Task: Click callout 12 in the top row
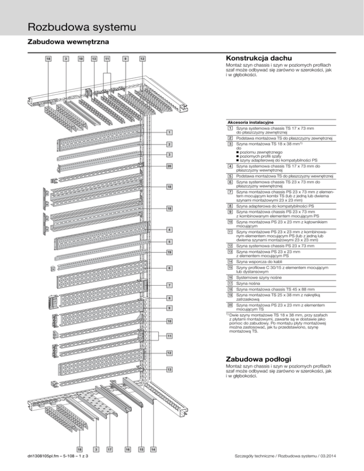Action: (x=142, y=59)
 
